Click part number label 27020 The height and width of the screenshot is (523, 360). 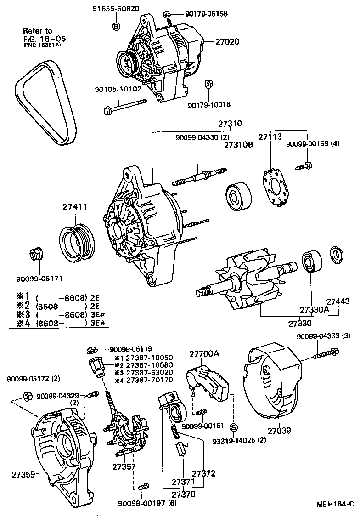(x=228, y=41)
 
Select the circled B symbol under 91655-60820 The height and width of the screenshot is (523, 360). (x=116, y=26)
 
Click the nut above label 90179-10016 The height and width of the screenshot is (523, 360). (x=208, y=85)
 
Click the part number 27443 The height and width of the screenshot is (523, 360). (x=338, y=301)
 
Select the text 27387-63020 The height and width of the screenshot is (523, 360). (x=143, y=372)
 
